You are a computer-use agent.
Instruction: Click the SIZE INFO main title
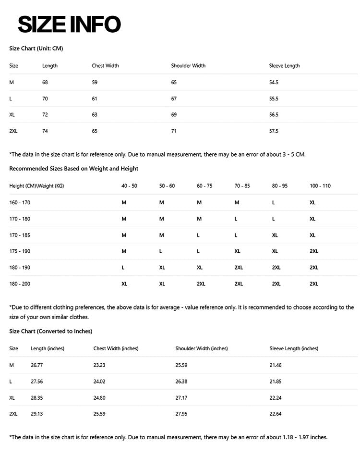pos(69,24)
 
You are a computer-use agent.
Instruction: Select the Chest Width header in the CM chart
pos(105,66)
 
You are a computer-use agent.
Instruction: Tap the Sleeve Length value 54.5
pos(274,82)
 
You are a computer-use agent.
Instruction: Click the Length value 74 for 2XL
pos(45,131)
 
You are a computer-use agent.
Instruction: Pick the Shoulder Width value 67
pos(174,99)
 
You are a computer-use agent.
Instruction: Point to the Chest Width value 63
pos(95,115)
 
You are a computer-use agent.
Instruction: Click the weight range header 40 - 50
pos(129,186)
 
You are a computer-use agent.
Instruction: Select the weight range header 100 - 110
pos(320,186)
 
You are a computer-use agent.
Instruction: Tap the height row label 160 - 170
pos(20,202)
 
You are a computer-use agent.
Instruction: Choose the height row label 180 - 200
pos(20,284)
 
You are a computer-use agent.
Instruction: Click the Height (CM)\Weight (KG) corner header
pos(36,186)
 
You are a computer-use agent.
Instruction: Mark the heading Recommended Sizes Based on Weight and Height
pos(74,169)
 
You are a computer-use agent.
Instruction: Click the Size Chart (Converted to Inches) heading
pos(51,331)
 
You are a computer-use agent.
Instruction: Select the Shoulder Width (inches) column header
pos(202,348)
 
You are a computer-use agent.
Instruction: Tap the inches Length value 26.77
pos(37,365)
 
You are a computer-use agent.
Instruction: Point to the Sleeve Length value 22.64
pos(276,414)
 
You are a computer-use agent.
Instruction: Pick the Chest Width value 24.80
pos(99,397)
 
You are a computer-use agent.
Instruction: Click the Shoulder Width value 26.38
pos(181,382)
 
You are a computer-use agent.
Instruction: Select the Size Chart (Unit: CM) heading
pos(36,49)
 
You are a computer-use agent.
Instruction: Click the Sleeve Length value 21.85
pos(276,382)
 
